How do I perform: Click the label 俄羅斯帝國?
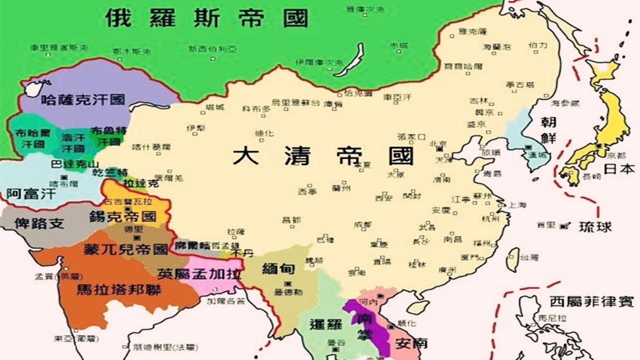pos(206,18)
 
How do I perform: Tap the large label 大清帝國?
pos(322,156)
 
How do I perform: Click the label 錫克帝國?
pos(123,217)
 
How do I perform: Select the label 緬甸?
pos(278,268)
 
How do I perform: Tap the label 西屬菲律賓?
pos(591,301)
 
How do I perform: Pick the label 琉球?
pos(595,226)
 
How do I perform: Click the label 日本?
pos(619,168)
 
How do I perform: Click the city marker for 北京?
pos(440,148)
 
